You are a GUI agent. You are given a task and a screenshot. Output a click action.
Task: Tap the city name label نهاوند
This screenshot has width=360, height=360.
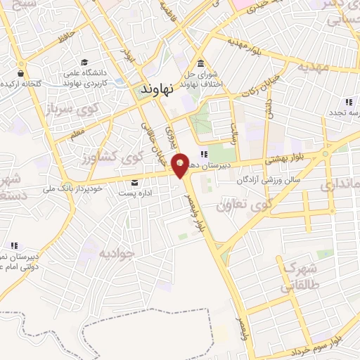pyautogui.click(x=156, y=90)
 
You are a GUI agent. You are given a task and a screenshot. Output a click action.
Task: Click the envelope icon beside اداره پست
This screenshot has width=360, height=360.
pyautogui.click(x=134, y=183)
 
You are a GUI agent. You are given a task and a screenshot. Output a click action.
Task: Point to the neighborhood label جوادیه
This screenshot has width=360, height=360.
pyautogui.click(x=116, y=252)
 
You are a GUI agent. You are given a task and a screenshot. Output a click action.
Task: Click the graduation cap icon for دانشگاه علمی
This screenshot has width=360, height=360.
pyautogui.click(x=85, y=63)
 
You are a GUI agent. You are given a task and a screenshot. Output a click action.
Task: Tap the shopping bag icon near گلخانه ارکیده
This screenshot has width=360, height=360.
pyautogui.click(x=21, y=72)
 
